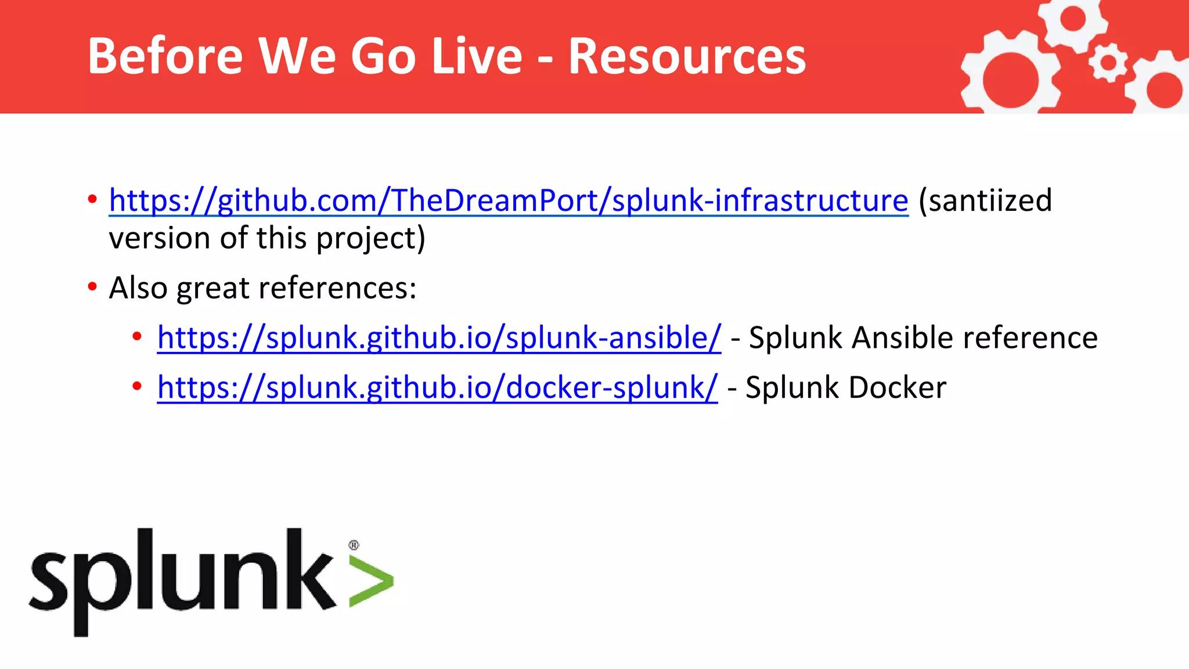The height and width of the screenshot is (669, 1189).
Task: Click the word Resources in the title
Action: [687, 56]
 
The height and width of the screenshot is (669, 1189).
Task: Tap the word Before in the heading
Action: [165, 56]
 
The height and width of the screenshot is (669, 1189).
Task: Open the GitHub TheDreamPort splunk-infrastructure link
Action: [508, 201]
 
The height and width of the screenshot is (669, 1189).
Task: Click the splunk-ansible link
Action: [439, 338]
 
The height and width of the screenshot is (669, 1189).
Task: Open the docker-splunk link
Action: [437, 388]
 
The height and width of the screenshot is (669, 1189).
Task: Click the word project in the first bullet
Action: [370, 239]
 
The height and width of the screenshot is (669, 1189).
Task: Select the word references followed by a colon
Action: [337, 288]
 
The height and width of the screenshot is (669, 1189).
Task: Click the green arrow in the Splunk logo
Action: [372, 581]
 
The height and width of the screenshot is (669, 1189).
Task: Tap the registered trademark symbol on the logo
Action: [354, 545]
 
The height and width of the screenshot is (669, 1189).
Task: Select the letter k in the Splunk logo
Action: [308, 572]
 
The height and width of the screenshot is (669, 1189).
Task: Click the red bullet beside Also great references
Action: [92, 287]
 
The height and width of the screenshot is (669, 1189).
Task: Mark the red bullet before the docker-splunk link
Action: [137, 386]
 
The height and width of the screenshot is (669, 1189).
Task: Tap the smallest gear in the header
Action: [1108, 62]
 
